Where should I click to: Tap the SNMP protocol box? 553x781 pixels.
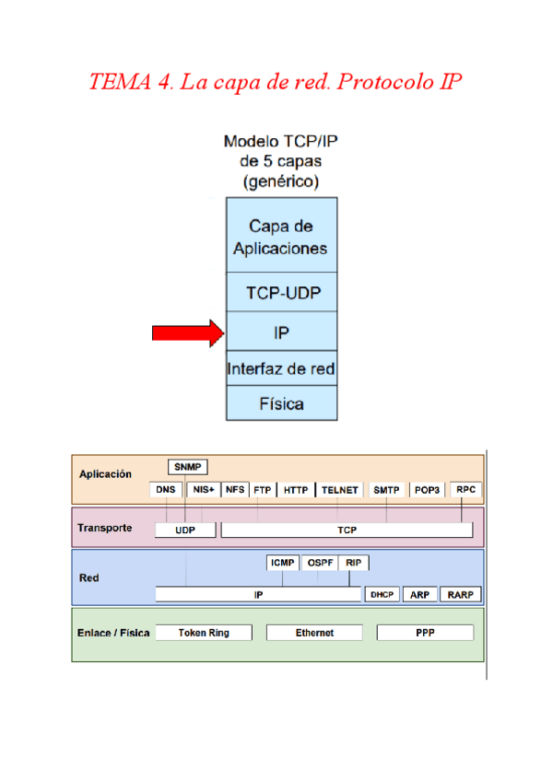[x=188, y=467]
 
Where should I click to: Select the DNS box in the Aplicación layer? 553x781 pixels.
[x=166, y=490]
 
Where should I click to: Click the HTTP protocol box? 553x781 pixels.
[x=296, y=490]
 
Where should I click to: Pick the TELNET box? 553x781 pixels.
[x=339, y=490]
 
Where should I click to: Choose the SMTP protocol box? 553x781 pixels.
[x=386, y=490]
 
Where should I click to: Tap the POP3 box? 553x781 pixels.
[x=428, y=490]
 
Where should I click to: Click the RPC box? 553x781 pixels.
[x=466, y=490]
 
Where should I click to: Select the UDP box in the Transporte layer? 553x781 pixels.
[x=185, y=530]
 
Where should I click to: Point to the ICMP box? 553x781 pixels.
[x=283, y=562]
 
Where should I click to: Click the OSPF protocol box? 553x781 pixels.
[x=320, y=562]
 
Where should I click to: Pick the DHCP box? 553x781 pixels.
[x=382, y=595]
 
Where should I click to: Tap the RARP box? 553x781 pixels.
[x=460, y=595]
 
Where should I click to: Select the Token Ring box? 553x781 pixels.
[x=204, y=633]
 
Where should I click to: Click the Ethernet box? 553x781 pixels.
[x=314, y=633]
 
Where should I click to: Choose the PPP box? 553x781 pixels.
[x=425, y=633]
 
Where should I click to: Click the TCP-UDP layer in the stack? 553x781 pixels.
[x=282, y=293]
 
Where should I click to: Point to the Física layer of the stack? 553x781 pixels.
[x=282, y=403]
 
